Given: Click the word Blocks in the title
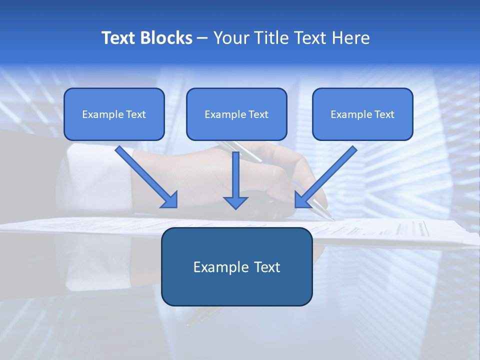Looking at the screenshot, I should [x=166, y=38].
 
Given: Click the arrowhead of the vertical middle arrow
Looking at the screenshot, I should [x=235, y=202].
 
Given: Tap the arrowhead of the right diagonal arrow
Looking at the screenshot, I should [x=301, y=199].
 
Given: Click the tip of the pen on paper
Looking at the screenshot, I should [x=332, y=218].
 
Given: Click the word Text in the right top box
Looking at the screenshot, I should [x=384, y=114].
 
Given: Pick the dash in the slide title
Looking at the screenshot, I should [x=202, y=38].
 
